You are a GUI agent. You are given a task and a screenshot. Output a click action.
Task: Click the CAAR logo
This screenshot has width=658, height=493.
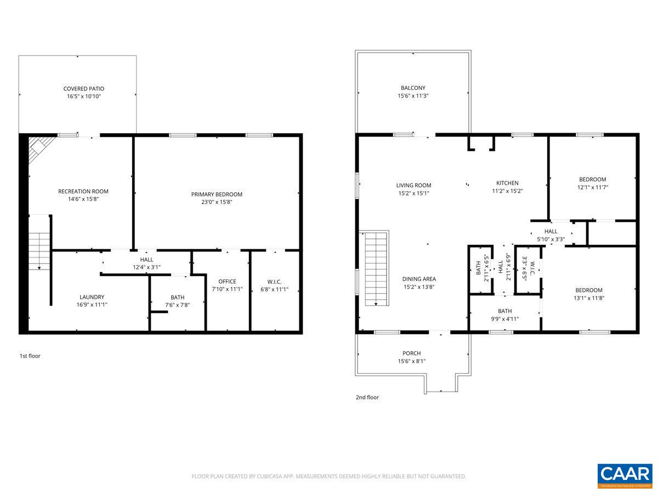625,476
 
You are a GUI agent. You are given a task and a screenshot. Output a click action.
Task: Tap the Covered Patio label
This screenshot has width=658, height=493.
83,89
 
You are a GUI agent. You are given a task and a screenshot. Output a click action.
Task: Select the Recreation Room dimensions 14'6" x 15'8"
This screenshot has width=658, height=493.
83,199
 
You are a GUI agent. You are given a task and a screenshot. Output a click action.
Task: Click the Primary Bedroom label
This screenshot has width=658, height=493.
217,194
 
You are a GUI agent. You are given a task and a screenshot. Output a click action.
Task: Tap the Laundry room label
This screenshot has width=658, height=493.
92,297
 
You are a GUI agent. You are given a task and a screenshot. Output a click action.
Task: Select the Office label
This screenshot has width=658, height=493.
227,282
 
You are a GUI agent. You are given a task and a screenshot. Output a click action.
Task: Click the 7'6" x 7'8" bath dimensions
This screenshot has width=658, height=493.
177,305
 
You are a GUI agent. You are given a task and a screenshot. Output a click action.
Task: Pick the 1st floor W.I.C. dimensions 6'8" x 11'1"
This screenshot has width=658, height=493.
274,289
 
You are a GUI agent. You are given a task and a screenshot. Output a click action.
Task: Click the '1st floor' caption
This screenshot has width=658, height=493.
30,356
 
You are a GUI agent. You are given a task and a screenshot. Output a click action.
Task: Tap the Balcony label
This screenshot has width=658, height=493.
413,88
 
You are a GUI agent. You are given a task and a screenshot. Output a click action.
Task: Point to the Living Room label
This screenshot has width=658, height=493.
414,185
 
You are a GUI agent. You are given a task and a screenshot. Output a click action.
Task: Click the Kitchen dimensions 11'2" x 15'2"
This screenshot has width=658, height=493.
507,191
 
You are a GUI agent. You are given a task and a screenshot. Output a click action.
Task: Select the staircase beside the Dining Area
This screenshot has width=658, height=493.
376,268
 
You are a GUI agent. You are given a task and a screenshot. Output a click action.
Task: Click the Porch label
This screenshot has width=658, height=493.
411,353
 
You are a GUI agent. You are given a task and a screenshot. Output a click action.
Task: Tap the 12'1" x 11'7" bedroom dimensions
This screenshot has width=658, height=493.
593,187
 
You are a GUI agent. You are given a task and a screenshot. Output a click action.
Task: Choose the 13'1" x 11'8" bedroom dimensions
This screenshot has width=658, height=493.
589,298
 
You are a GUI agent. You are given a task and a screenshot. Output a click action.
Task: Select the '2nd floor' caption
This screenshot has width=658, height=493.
367,398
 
